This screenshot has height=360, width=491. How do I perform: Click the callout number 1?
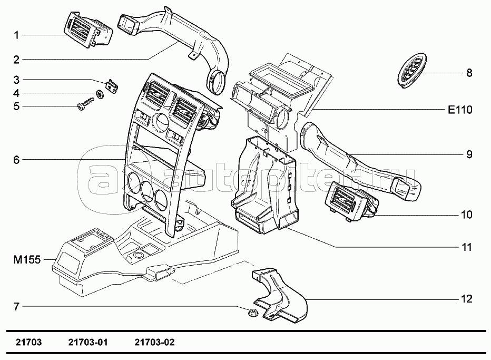point(16,35)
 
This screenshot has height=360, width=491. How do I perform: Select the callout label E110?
point(460,110)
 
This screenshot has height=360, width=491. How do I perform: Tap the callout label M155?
point(27,259)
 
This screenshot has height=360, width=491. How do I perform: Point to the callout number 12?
point(467,299)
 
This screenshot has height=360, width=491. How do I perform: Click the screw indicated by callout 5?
point(85,104)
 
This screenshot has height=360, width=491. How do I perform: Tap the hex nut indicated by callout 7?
point(252,312)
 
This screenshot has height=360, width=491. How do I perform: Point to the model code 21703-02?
point(155,342)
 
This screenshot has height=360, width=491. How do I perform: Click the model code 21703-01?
point(88,342)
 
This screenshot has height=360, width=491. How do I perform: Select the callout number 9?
point(469,154)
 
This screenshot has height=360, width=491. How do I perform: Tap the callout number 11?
point(467,247)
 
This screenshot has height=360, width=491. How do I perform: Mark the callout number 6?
point(16,160)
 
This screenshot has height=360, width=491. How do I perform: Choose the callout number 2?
point(16,60)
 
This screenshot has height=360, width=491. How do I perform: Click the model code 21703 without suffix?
point(28,342)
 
